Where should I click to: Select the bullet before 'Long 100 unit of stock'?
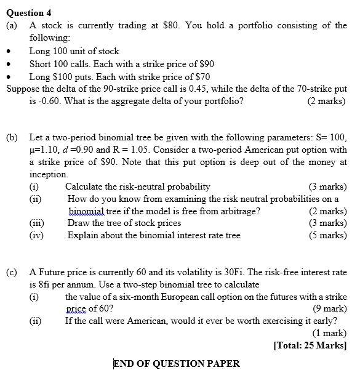(9, 52)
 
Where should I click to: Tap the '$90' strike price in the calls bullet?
(205, 64)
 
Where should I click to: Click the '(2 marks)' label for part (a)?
(326, 102)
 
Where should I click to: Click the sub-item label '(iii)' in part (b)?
(38, 223)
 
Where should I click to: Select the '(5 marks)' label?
(327, 235)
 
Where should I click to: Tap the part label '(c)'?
(12, 271)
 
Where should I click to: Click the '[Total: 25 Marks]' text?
(310, 345)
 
